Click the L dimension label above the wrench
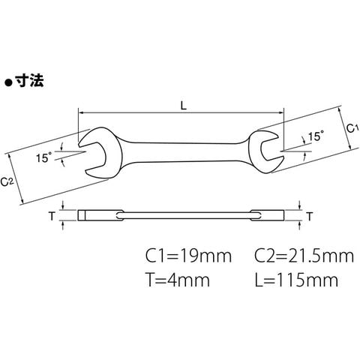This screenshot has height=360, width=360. [x=184, y=106]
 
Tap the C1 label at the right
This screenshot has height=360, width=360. [x=352, y=128]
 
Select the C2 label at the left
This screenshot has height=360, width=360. [x=7, y=181]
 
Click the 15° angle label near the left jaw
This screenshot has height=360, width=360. [x=43, y=157]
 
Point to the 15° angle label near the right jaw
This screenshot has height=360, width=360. [x=315, y=136]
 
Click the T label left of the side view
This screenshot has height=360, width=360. [x=52, y=216]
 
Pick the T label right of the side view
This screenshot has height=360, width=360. [x=310, y=217]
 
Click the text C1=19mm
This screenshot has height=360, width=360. [x=188, y=256]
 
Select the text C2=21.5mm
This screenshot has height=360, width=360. [x=304, y=256]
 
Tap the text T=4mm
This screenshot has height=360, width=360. [x=178, y=280]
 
